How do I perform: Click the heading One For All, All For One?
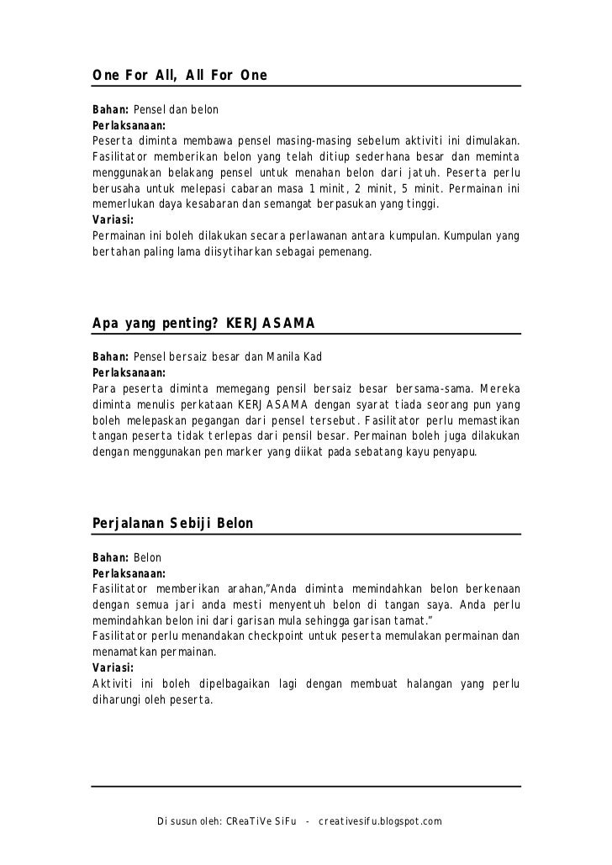(x=179, y=76)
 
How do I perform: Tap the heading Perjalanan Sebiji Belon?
(x=171, y=523)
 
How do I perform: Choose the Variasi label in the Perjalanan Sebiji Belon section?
(x=113, y=668)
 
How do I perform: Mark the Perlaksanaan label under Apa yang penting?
(x=129, y=373)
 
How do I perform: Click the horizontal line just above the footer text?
(x=306, y=787)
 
